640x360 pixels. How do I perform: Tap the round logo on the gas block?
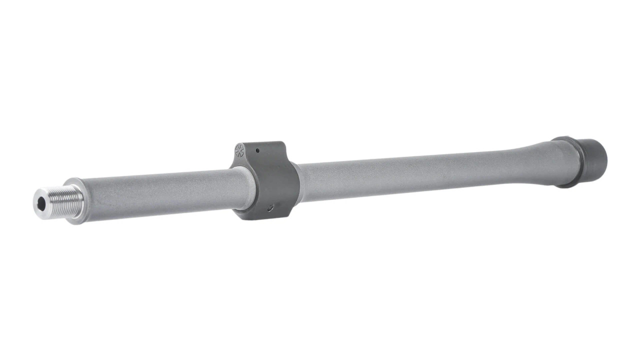tap(239, 149)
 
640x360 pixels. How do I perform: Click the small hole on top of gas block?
tap(257, 149)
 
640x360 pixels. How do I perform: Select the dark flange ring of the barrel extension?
tap(570, 162)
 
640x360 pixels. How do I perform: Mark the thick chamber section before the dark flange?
tap(550, 160)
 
